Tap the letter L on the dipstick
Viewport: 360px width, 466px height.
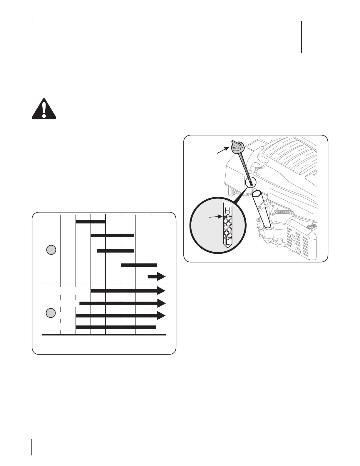click(227, 243)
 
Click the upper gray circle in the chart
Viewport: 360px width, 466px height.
click(51, 250)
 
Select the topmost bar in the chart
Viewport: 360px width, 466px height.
click(91, 221)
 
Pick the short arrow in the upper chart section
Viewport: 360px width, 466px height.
click(157, 277)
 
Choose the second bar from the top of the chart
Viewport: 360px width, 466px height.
click(112, 235)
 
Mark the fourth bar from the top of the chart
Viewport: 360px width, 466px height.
click(139, 265)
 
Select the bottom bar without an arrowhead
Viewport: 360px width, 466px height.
click(116, 327)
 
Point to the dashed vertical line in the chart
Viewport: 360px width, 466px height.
click(61, 309)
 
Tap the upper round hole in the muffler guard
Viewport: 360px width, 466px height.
click(292, 238)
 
